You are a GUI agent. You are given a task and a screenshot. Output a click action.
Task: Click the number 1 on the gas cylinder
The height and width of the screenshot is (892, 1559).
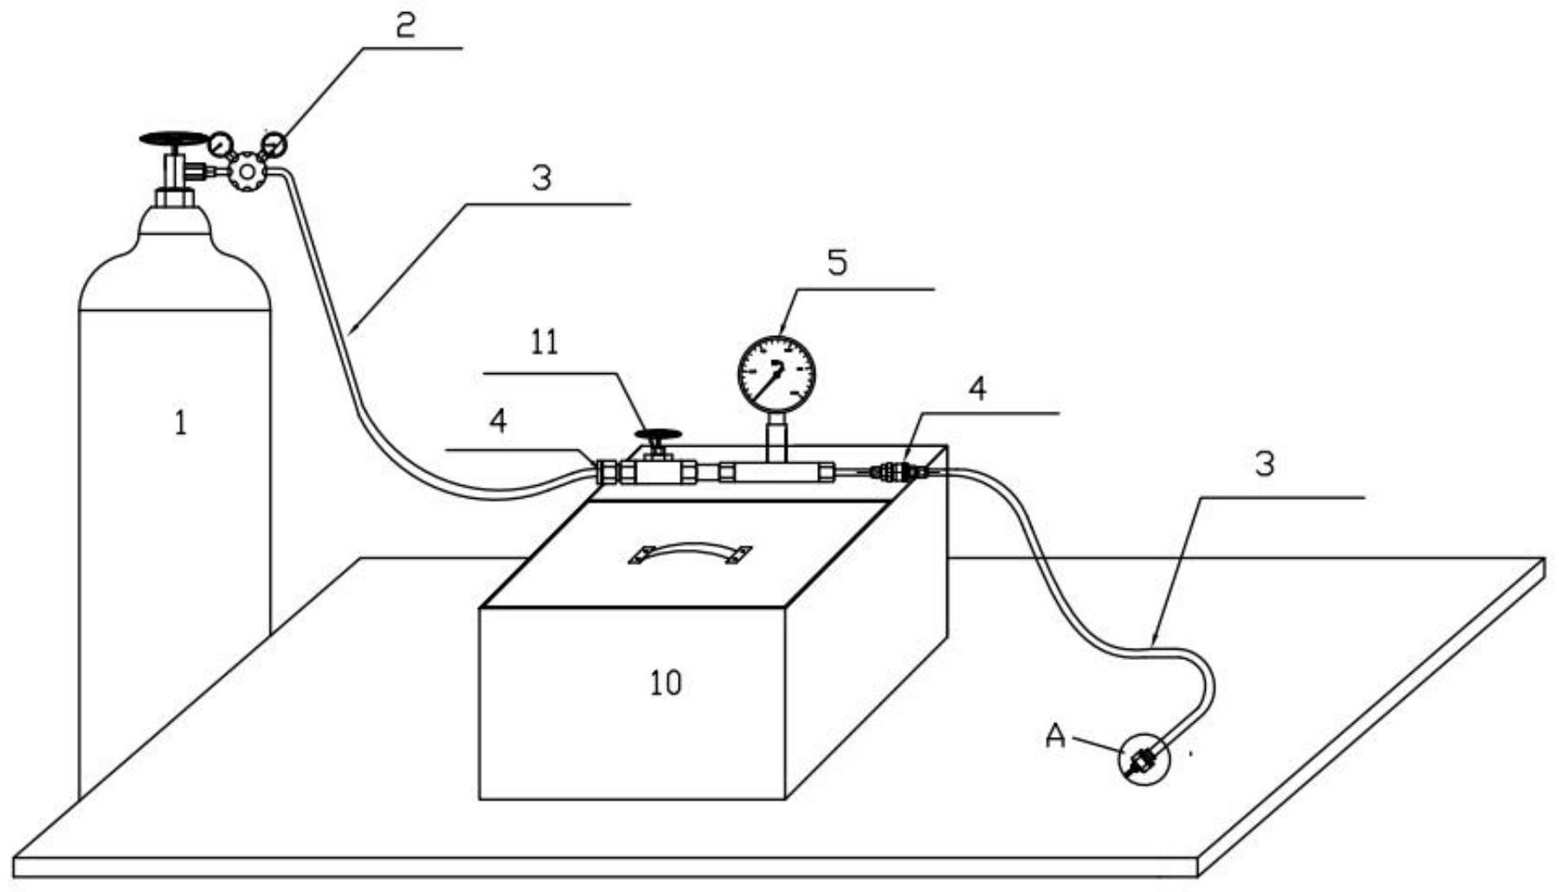180,423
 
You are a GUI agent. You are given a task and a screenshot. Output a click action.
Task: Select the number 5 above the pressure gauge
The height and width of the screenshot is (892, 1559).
837,262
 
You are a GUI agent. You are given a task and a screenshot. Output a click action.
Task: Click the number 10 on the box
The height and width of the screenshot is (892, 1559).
666,683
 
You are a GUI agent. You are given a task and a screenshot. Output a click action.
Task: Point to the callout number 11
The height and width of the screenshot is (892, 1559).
544,343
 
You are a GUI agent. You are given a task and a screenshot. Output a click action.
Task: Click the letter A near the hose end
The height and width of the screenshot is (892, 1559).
1055,736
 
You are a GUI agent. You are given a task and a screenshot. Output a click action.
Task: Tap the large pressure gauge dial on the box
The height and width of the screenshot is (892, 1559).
776,375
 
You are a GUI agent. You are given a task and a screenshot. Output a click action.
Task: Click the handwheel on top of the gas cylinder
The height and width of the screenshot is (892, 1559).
174,138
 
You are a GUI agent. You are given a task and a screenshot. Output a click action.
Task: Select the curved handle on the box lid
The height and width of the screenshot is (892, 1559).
690,553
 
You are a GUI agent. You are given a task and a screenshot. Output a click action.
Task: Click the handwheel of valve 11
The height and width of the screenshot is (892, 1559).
658,435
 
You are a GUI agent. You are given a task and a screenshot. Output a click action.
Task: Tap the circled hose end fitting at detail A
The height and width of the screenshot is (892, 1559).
1143,760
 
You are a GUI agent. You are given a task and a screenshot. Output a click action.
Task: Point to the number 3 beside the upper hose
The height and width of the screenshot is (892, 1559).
541,178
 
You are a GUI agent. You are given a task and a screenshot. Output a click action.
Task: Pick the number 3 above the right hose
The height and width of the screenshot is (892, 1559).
1265,464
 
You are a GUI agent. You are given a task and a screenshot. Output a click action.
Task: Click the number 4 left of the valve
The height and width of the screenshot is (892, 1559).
498,422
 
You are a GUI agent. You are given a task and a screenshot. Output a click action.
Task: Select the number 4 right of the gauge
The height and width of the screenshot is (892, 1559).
977,390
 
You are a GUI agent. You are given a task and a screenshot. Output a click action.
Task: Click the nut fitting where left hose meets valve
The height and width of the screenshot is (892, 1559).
608,472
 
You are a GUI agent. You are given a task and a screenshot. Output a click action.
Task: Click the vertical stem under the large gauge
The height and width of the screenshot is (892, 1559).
776,437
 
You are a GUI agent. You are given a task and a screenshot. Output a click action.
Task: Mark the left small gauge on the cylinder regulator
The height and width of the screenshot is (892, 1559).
221,140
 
